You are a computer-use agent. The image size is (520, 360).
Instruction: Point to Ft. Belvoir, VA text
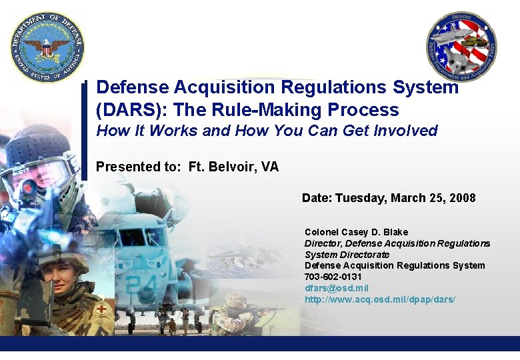pos(233,167)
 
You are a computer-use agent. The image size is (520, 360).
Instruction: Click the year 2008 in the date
pos(462,198)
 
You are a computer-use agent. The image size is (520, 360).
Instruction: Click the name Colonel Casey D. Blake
pos(356,232)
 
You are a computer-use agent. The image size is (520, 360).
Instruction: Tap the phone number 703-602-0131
pos(333,277)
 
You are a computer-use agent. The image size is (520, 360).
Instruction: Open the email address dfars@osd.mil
pos(337,288)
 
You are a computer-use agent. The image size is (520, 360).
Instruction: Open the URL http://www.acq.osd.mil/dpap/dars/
pos(380,299)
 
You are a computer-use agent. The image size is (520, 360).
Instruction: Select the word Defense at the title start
pos(133,87)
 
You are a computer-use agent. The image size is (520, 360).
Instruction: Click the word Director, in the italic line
pos(323,243)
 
